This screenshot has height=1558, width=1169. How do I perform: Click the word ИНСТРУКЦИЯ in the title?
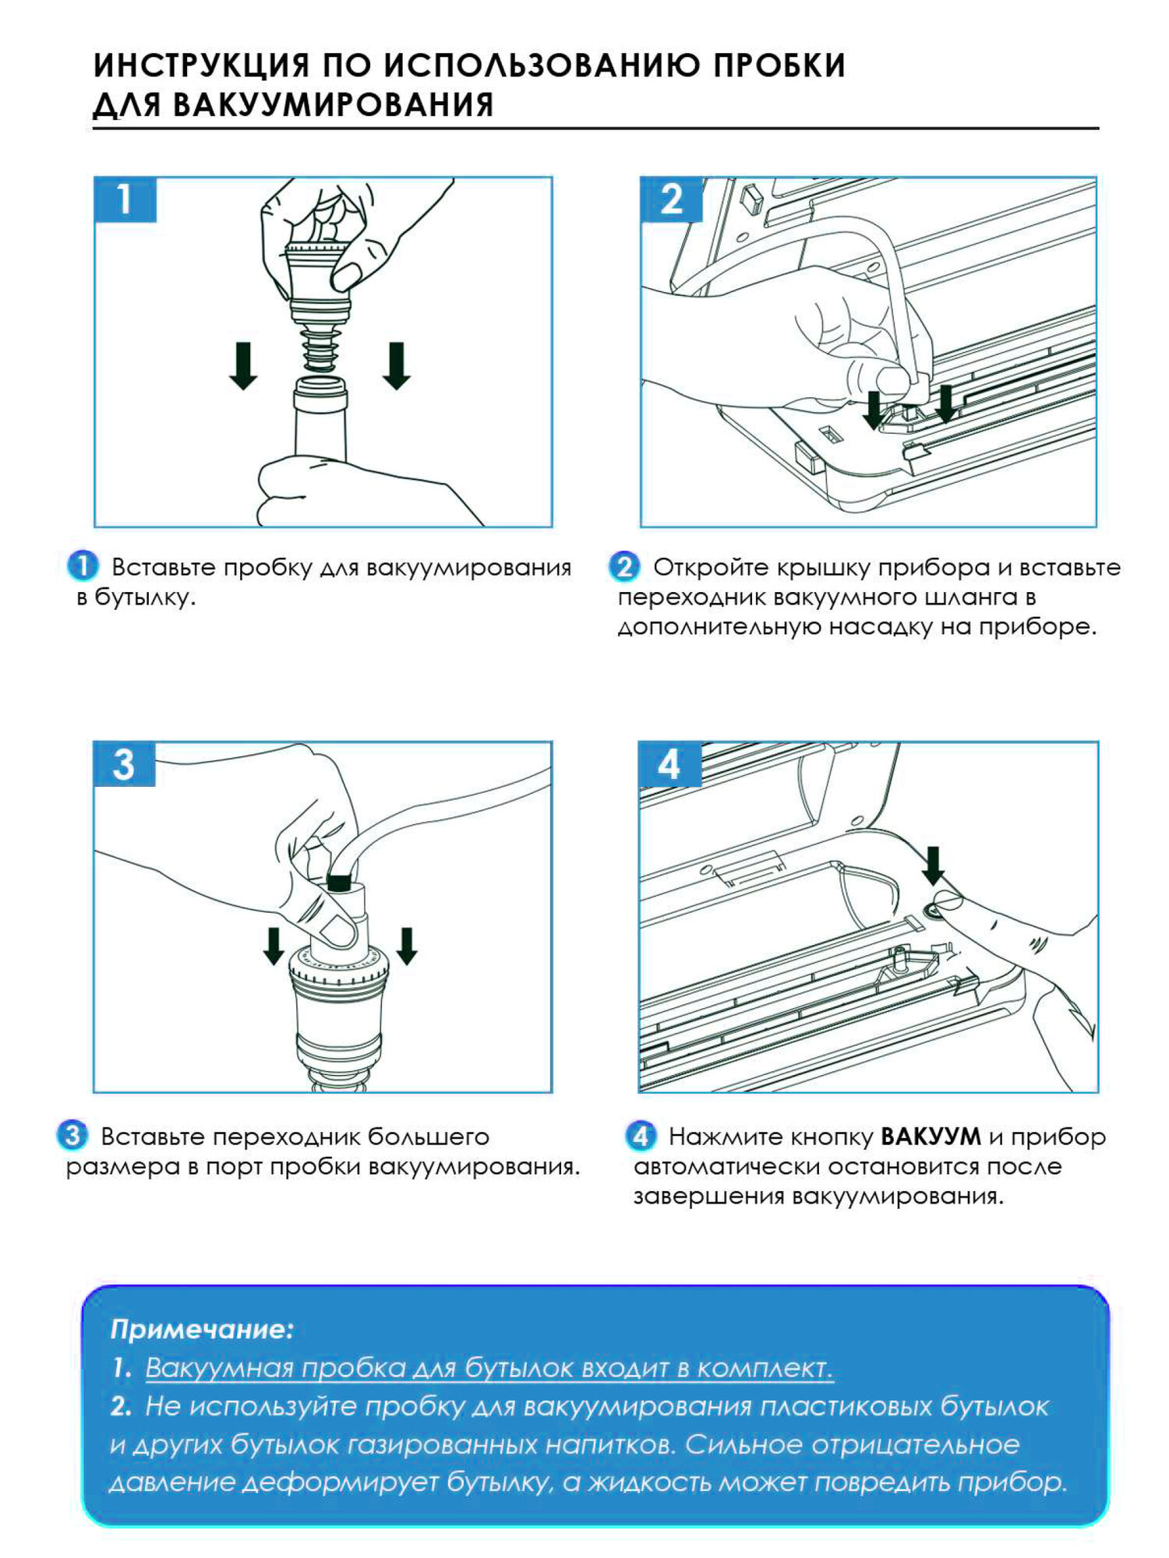201,65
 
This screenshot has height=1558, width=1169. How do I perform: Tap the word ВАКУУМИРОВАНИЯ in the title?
333,105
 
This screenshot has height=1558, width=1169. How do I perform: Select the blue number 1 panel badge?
125,199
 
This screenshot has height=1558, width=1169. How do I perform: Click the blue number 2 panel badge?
671,199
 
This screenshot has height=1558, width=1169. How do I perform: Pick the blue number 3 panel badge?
124,764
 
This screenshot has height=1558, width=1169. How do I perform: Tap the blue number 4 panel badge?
669,764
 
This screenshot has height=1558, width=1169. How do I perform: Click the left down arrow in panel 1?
243,365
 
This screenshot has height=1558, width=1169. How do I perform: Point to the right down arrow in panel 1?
397,365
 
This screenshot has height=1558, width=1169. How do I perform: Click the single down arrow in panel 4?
933,865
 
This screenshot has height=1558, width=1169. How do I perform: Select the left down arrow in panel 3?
274,945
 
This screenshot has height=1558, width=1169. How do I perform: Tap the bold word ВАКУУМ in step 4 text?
931,1137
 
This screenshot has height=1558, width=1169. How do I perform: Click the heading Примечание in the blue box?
202,1328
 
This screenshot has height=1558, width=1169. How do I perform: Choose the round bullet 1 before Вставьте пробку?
83,566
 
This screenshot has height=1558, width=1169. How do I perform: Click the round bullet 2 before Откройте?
623,566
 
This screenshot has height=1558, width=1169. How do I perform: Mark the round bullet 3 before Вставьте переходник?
72,1135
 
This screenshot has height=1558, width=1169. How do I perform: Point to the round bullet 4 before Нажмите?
640,1136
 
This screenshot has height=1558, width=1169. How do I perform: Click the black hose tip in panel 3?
338,883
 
